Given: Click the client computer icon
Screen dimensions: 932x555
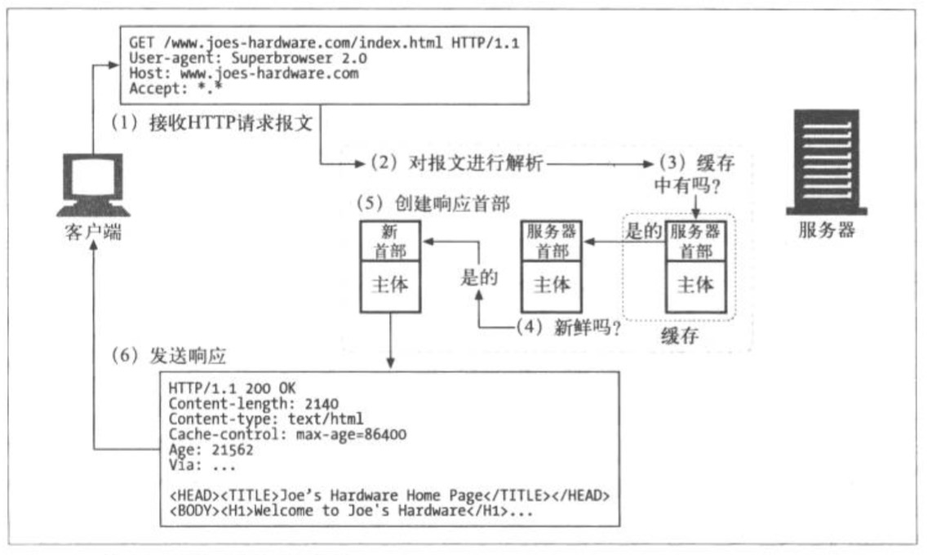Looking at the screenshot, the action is coord(93,184).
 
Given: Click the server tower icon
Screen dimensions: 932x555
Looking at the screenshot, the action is coord(826,162).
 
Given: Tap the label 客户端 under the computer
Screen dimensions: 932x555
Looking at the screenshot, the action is coord(93,231).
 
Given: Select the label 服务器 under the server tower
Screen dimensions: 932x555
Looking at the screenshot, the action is coord(826,229).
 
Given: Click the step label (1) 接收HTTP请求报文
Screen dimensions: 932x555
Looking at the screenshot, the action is coord(211,123).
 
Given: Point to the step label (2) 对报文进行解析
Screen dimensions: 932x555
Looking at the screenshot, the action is coord(456,162).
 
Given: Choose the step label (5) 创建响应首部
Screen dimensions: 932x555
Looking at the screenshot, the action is coord(433,203).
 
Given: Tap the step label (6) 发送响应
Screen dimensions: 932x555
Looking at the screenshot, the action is coord(169,355).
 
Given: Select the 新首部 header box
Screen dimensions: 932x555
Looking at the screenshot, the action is coord(390,242).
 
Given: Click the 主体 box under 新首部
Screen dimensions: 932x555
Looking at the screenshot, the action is coord(390,286).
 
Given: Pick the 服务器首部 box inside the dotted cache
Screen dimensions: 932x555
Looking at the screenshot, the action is coord(695,242).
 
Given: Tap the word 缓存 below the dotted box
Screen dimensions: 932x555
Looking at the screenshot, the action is coord(680,335).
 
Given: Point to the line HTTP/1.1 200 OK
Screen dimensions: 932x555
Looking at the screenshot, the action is coord(232,388).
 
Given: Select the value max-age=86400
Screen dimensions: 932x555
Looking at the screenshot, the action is coord(351,434).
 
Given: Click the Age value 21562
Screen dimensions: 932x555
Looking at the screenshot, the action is coord(232,450).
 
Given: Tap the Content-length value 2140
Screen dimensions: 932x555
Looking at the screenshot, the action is coord(322,404).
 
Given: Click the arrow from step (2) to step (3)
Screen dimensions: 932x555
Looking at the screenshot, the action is coord(601,163).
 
